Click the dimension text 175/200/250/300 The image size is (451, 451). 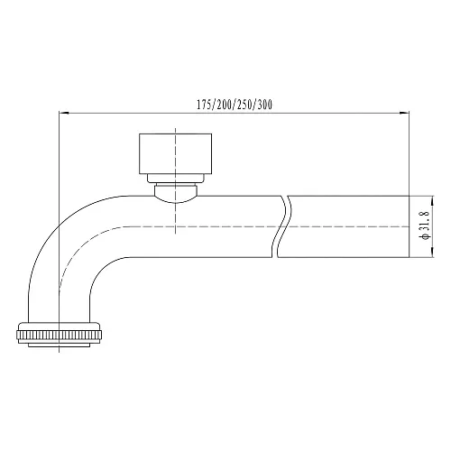click(x=234, y=105)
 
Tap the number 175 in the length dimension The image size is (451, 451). click(x=204, y=105)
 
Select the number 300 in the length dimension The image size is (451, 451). click(x=264, y=105)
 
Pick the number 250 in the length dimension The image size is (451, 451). click(x=244, y=105)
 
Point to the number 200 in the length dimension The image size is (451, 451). click(x=224, y=105)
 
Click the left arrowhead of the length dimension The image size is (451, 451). click(x=62, y=114)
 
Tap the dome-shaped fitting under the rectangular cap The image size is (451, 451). click(x=175, y=192)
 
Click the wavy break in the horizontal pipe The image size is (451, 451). click(x=283, y=225)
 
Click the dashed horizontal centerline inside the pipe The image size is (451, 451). click(x=225, y=225)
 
